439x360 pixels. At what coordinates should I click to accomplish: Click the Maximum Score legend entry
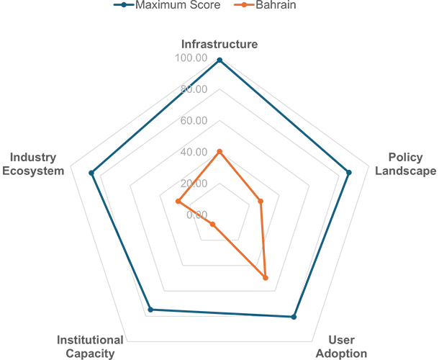167,5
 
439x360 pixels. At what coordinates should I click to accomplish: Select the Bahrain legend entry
265,5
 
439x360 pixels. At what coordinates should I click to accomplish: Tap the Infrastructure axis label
219,44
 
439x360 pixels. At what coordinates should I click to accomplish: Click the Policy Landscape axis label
405,164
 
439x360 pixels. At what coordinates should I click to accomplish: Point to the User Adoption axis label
341,346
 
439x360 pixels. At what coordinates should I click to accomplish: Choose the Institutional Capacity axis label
90,346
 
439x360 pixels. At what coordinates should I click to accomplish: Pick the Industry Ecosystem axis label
33,164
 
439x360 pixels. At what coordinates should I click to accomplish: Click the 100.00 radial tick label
191,58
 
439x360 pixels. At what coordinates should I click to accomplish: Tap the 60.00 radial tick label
194,120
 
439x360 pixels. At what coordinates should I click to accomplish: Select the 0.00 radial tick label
196,215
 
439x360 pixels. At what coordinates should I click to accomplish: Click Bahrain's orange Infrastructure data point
219,152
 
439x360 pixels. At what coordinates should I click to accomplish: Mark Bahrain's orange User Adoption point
266,278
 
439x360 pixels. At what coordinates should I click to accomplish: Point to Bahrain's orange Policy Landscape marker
261,201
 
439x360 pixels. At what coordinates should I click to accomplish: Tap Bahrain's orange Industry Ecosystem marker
178,201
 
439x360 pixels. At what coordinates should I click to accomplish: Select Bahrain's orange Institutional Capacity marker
212,225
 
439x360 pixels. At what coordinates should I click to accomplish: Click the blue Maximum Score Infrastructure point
219,60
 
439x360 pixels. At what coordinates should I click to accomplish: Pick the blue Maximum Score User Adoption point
294,317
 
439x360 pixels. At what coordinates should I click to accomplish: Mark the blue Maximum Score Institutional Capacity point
150,310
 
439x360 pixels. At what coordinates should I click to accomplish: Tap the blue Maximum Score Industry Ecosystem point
91,173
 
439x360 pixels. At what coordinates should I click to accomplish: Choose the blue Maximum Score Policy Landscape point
349,173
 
